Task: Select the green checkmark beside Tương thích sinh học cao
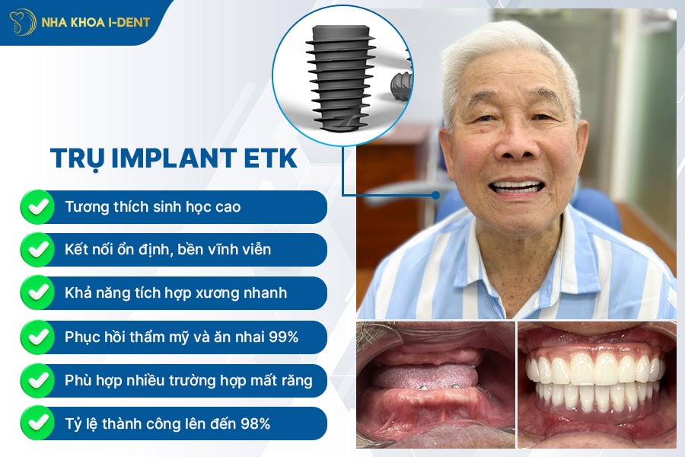37,206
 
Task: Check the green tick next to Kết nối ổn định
37,249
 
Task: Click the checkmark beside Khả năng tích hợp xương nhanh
37,292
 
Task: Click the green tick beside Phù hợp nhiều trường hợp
37,380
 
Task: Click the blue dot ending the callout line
435,195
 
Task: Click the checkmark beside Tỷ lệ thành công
37,423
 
